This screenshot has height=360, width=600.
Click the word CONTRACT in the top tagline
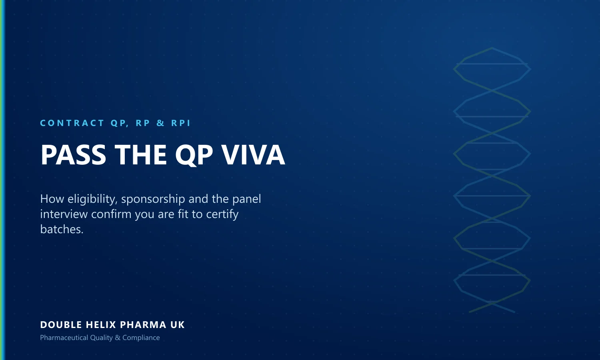click(72, 123)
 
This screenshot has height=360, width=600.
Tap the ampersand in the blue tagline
click(160, 123)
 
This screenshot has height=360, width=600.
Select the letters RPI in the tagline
click(181, 123)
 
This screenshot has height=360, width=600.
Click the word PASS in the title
click(73, 155)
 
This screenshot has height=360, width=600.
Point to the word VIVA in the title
click(253, 155)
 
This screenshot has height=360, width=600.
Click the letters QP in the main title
click(194, 155)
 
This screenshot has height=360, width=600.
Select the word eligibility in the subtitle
click(93, 199)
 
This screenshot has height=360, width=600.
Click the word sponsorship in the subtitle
click(153, 200)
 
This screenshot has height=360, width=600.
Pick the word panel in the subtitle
click(246, 199)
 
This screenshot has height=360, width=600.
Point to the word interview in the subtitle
click(64, 214)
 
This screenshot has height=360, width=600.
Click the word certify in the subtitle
click(222, 214)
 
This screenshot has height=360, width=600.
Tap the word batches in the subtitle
click(62, 229)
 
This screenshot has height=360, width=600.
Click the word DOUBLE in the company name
click(61, 325)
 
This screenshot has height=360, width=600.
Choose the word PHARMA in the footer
click(143, 325)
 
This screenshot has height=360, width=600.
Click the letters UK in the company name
click(178, 325)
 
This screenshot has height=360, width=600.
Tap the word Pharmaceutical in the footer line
click(64, 338)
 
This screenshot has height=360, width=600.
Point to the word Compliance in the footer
click(141, 338)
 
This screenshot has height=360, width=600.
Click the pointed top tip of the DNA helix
click(492, 48)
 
